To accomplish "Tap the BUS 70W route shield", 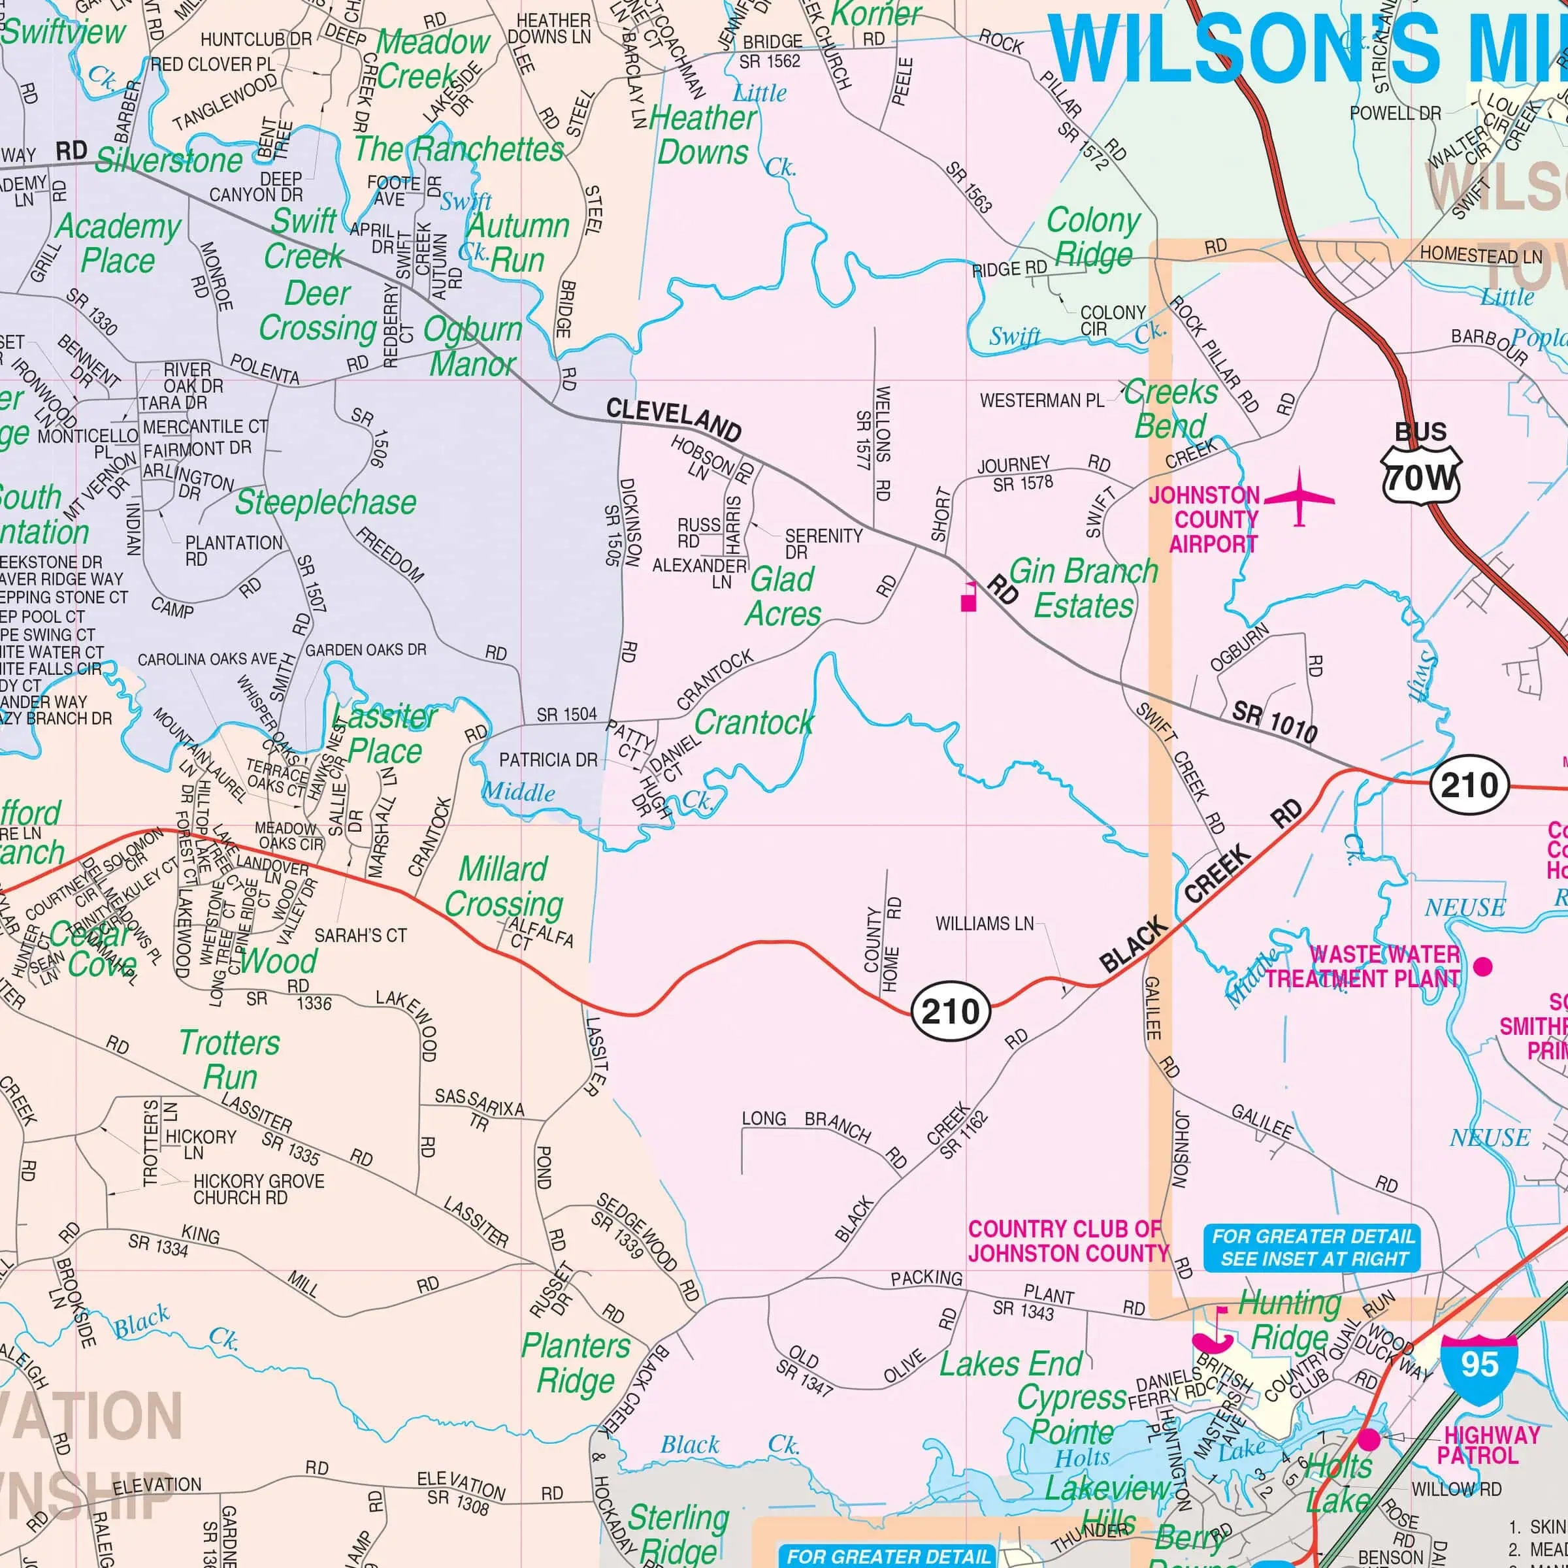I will click(x=1420, y=466).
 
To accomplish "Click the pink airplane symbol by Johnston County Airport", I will click(x=1299, y=496).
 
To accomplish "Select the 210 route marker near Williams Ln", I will click(x=951, y=1011).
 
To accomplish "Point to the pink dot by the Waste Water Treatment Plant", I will click(x=1483, y=966).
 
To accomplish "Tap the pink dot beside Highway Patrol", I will click(x=1369, y=1439).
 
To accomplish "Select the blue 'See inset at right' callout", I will click(x=1313, y=1247).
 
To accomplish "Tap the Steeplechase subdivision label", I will click(x=325, y=502).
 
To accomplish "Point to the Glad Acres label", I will click(x=783, y=596).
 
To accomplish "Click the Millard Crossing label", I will click(x=503, y=887).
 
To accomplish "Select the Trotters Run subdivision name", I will click(x=230, y=1060).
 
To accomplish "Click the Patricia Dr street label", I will click(x=548, y=760).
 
